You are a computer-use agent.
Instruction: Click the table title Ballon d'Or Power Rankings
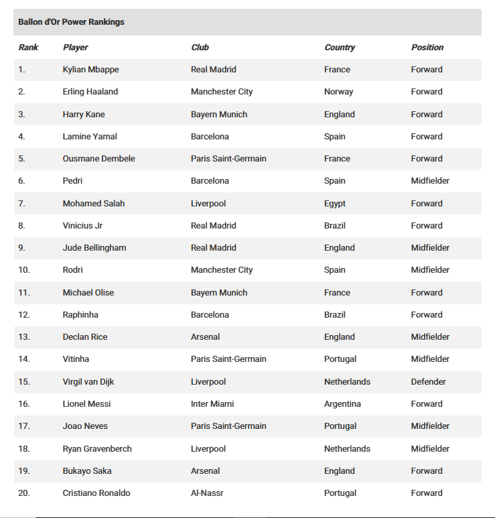coord(71,22)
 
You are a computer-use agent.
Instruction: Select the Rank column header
coord(28,48)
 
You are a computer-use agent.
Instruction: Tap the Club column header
coord(200,48)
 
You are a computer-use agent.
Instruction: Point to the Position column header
coord(427,48)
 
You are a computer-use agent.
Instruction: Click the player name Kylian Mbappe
coord(90,70)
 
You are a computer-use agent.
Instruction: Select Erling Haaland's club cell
coord(222,92)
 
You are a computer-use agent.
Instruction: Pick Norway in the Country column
coord(338,92)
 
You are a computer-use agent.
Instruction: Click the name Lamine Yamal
coord(90,137)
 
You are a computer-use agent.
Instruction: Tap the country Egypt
coord(335,204)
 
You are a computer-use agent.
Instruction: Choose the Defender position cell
coord(428,382)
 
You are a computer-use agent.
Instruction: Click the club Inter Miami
coord(212,404)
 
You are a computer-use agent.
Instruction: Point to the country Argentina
coord(342,404)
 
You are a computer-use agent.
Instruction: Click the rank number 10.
coord(24,270)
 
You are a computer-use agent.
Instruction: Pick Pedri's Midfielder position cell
coord(430,181)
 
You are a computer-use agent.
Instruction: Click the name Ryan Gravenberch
coord(97,449)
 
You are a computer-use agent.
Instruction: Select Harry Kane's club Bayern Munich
coord(219,115)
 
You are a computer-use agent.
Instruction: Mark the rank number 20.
coord(24,493)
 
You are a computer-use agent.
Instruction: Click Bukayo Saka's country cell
coord(339,471)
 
